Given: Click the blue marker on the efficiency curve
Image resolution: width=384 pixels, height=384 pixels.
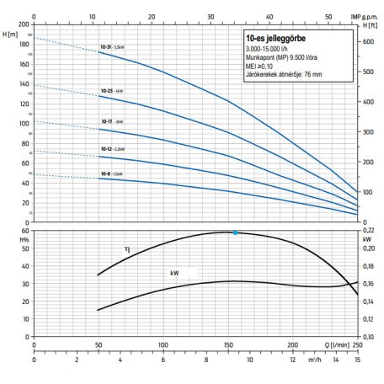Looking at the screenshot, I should pyautogui.click(x=235, y=232).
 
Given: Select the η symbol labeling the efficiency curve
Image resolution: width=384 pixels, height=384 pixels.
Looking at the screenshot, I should pyautogui.click(x=126, y=248).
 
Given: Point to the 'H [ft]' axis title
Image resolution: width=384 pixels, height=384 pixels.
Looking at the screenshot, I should pyautogui.click(x=369, y=25).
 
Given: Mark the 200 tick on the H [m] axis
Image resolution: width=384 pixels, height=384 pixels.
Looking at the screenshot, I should pyautogui.click(x=24, y=24).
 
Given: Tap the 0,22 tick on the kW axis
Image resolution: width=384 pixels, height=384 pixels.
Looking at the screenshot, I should pyautogui.click(x=368, y=231).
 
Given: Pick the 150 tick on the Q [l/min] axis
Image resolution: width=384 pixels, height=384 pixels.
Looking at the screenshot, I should pyautogui.click(x=229, y=345).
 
